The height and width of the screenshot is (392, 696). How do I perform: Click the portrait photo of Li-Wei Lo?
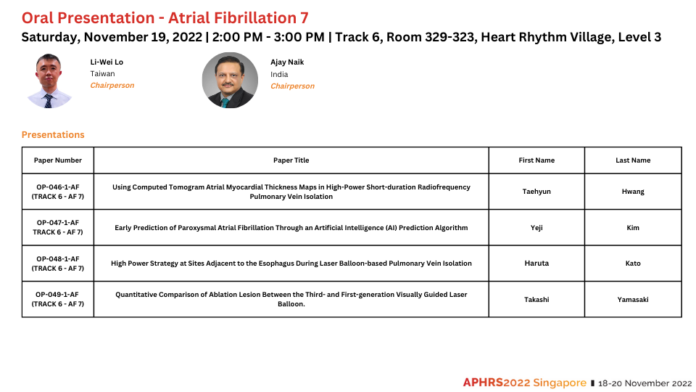[x=49, y=81]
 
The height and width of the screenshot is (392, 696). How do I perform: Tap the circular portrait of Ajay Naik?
[x=230, y=81]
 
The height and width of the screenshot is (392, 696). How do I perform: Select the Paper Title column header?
[x=291, y=160]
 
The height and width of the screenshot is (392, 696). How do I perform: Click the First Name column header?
[x=536, y=160]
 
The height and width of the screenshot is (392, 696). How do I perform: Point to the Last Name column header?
[x=633, y=160]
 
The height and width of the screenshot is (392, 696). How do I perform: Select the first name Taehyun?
[x=536, y=192]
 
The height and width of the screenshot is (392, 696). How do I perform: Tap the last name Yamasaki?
[x=633, y=300]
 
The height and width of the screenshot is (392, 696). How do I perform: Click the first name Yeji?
[x=536, y=227]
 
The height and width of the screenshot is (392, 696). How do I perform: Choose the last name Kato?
[x=633, y=264]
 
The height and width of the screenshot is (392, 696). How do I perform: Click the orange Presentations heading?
[x=53, y=135]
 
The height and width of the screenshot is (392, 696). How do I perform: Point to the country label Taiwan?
[x=102, y=74]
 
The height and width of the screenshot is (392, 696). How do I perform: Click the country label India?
[x=279, y=74]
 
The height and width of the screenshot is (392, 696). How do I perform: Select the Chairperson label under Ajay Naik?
[x=292, y=86]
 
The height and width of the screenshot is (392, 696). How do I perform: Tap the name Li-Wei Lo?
[x=107, y=62]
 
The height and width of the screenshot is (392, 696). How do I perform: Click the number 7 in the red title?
[x=304, y=18]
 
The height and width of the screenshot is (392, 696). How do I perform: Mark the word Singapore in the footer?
[x=560, y=383]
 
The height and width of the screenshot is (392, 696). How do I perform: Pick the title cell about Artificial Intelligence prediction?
[x=291, y=227]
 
